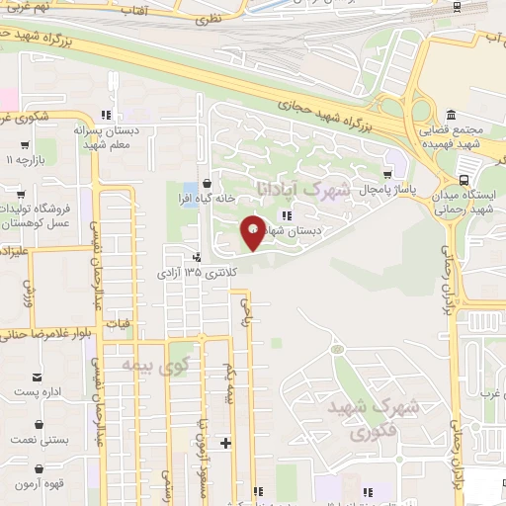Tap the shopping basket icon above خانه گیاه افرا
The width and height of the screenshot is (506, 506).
[x=206, y=183]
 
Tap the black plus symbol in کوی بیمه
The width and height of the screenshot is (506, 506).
[x=226, y=442]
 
